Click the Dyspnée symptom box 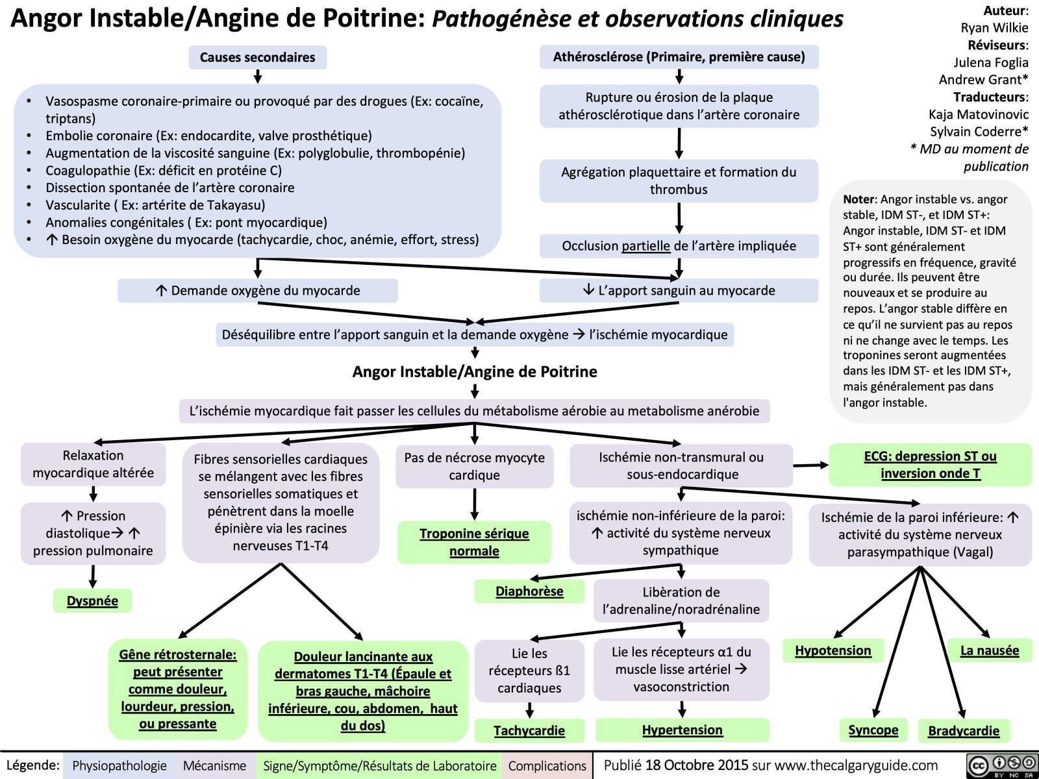coord(92,600)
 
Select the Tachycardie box coord(529,730)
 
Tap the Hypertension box coord(682,730)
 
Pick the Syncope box coord(873,730)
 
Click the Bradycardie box coord(964,731)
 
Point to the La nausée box coord(990,650)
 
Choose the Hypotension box coord(833,650)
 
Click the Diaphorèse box coord(529,591)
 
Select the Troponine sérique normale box coord(474,542)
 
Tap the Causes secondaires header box coord(257,57)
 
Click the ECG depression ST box coord(930,465)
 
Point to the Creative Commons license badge coord(1001,765)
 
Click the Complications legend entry coord(547,766)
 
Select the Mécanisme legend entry coord(214,766)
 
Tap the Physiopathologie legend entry coord(119,766)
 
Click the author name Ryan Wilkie coord(994,28)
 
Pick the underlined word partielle coord(645,246)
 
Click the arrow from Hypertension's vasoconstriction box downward coord(682,709)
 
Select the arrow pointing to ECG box coord(810,465)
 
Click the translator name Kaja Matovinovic coord(978,114)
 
